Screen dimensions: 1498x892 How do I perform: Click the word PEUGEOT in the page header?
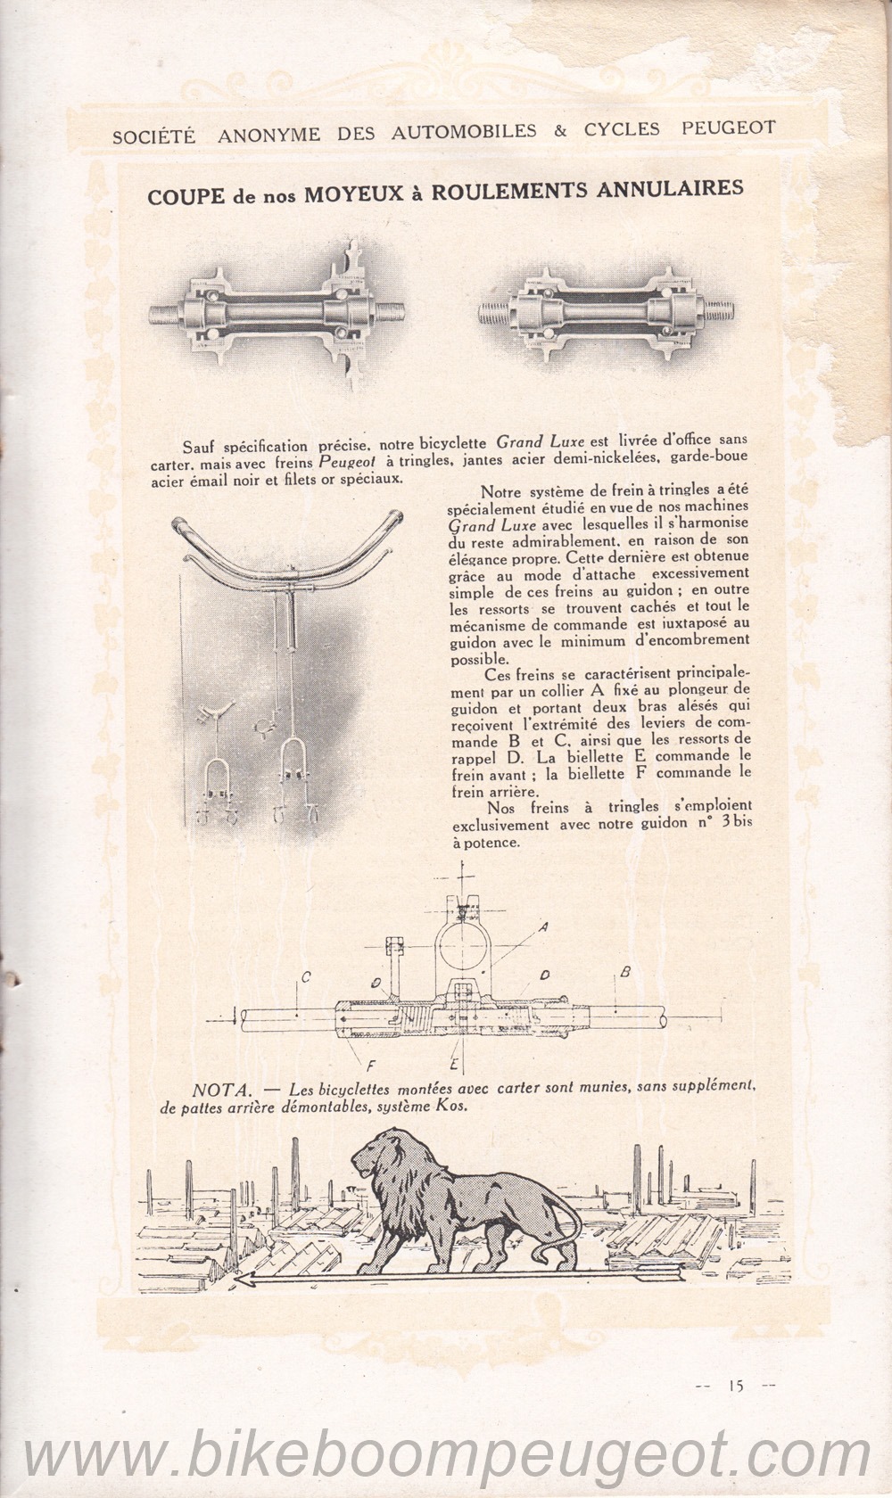[x=728, y=129]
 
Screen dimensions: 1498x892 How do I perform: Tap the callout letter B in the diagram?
[x=625, y=972]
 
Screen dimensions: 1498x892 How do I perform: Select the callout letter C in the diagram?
[x=305, y=978]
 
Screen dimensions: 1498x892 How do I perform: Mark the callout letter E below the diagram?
[x=454, y=1065]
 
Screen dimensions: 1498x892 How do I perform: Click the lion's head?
[x=374, y=1158]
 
